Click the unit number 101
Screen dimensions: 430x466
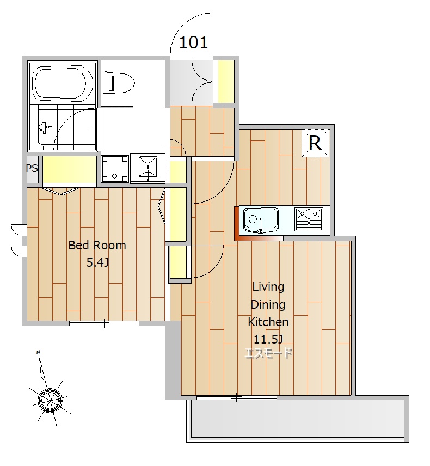pyautogui.click(x=193, y=42)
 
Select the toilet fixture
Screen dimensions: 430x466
pyautogui.click(x=118, y=82)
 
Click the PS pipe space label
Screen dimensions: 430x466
pyautogui.click(x=33, y=169)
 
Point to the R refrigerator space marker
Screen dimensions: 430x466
pyautogui.click(x=315, y=143)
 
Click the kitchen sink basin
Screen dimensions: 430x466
pyautogui.click(x=261, y=220)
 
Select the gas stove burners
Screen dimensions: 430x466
pyautogui.click(x=309, y=219)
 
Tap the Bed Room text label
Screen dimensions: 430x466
pyautogui.click(x=97, y=245)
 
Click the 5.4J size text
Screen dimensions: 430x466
pyautogui.click(x=97, y=263)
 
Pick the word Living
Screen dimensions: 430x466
pyautogui.click(x=268, y=287)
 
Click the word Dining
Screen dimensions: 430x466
pyautogui.click(x=268, y=305)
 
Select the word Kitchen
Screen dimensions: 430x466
pyautogui.click(x=268, y=322)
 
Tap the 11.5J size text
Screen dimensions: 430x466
pyautogui.click(x=268, y=339)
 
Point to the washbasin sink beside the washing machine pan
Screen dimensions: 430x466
pyautogui.click(x=148, y=168)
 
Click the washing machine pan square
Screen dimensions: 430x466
pyautogui.click(x=115, y=169)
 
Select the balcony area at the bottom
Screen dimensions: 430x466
pyautogui.click(x=298, y=419)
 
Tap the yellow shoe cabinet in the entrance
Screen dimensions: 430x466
pyautogui.click(x=226, y=82)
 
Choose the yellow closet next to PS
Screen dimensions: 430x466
pyautogui.click(x=70, y=169)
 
